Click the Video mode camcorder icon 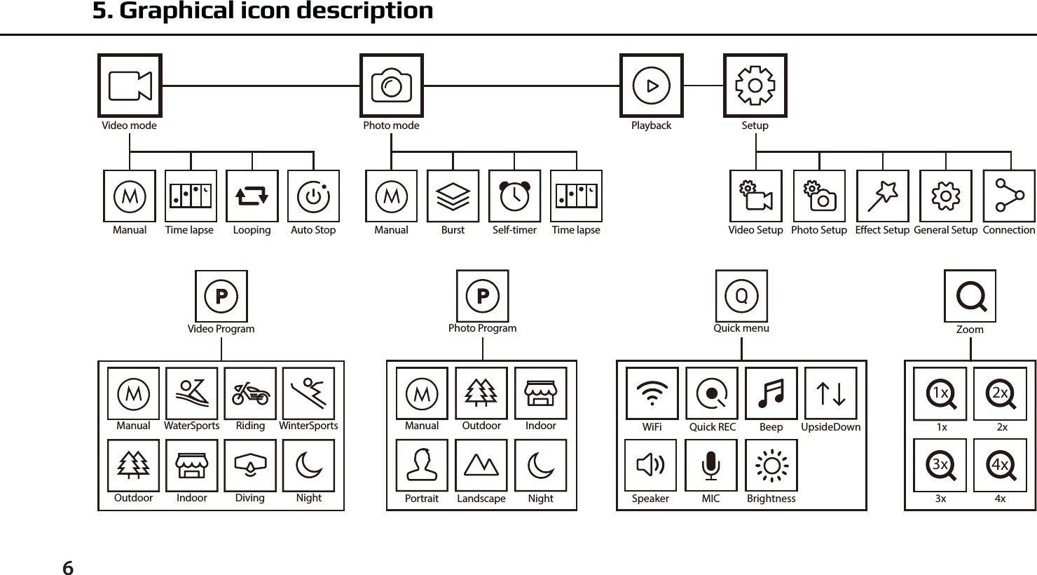click(x=130, y=86)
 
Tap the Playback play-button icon click(x=651, y=86)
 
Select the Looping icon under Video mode click(x=252, y=196)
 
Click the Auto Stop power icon click(x=313, y=196)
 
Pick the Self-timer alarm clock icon click(x=514, y=196)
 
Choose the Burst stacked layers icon click(x=453, y=196)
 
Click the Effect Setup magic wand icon click(x=882, y=196)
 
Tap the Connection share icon click(x=1009, y=196)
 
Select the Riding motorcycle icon click(x=250, y=393)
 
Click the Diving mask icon click(x=250, y=466)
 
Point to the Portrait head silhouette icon click(x=422, y=466)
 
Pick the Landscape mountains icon click(x=481, y=466)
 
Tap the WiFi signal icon click(x=652, y=393)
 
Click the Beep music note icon click(x=771, y=393)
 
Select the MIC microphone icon click(x=710, y=466)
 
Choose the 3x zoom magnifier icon click(x=940, y=466)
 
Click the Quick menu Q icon click(x=741, y=296)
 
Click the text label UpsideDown click(x=830, y=426)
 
